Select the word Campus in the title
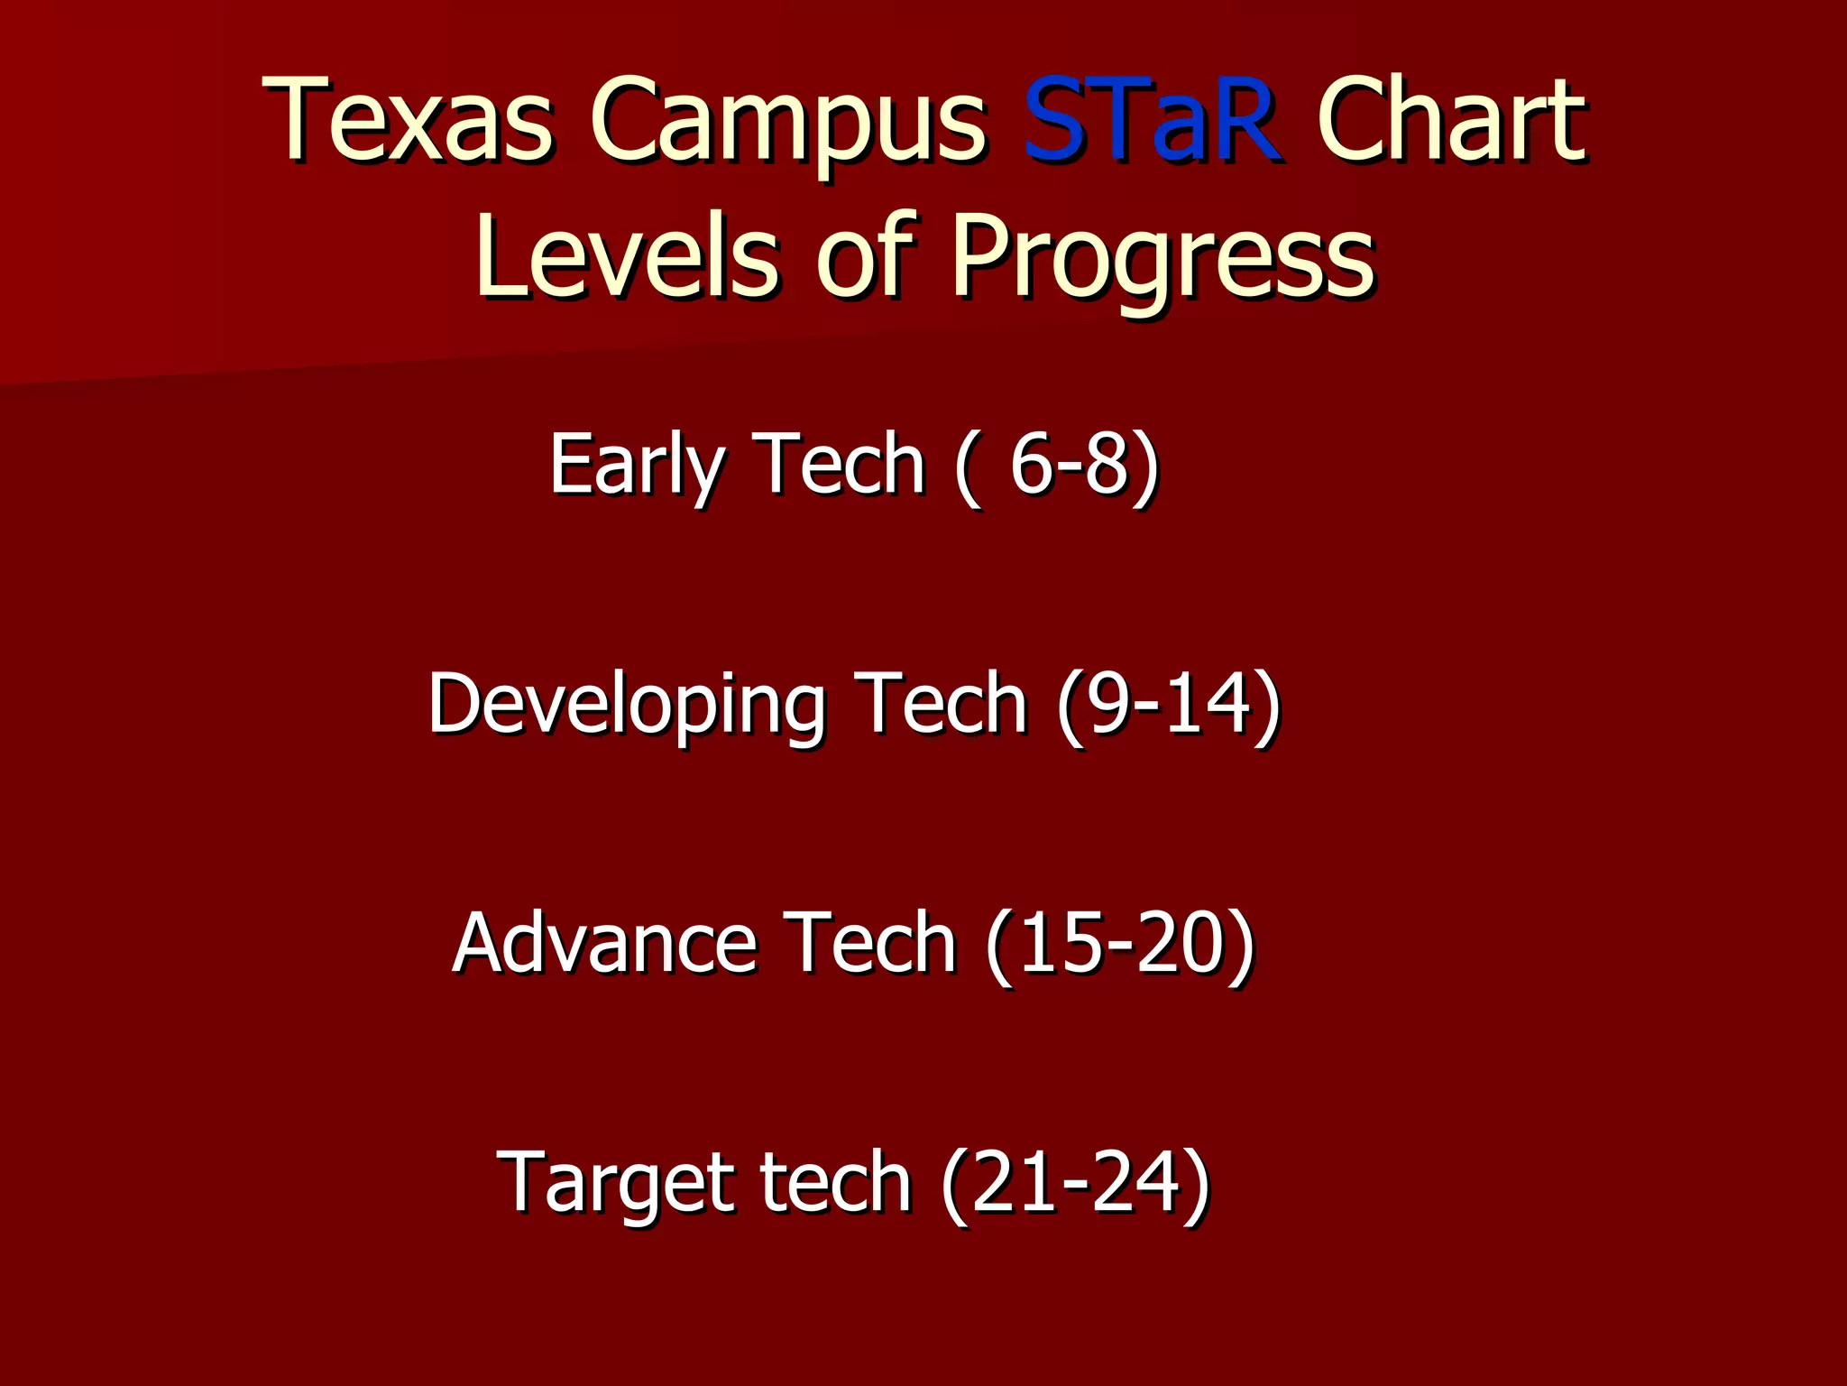pos(788,126)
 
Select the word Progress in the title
pos(1162,262)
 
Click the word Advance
pos(603,943)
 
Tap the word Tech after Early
pos(839,464)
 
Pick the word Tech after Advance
pos(869,943)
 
